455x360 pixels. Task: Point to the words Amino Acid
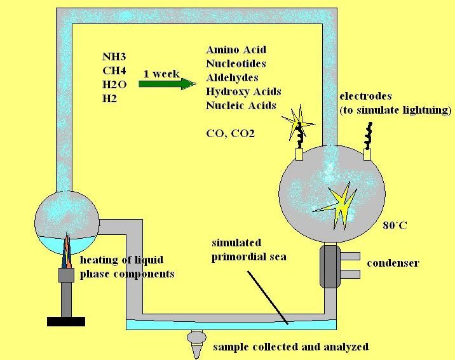click(x=236, y=50)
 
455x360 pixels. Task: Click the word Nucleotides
click(x=236, y=63)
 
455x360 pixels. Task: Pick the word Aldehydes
click(x=232, y=77)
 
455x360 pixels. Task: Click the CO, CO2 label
click(x=231, y=133)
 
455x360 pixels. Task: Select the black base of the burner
click(x=66, y=321)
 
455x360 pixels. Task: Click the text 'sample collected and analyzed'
click(x=290, y=347)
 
